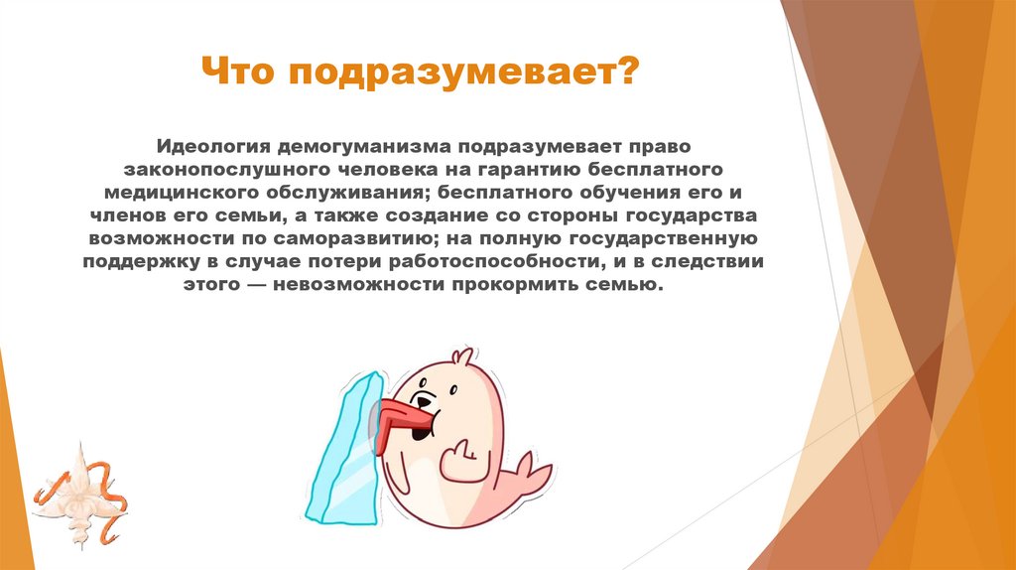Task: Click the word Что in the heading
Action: coord(235,72)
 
